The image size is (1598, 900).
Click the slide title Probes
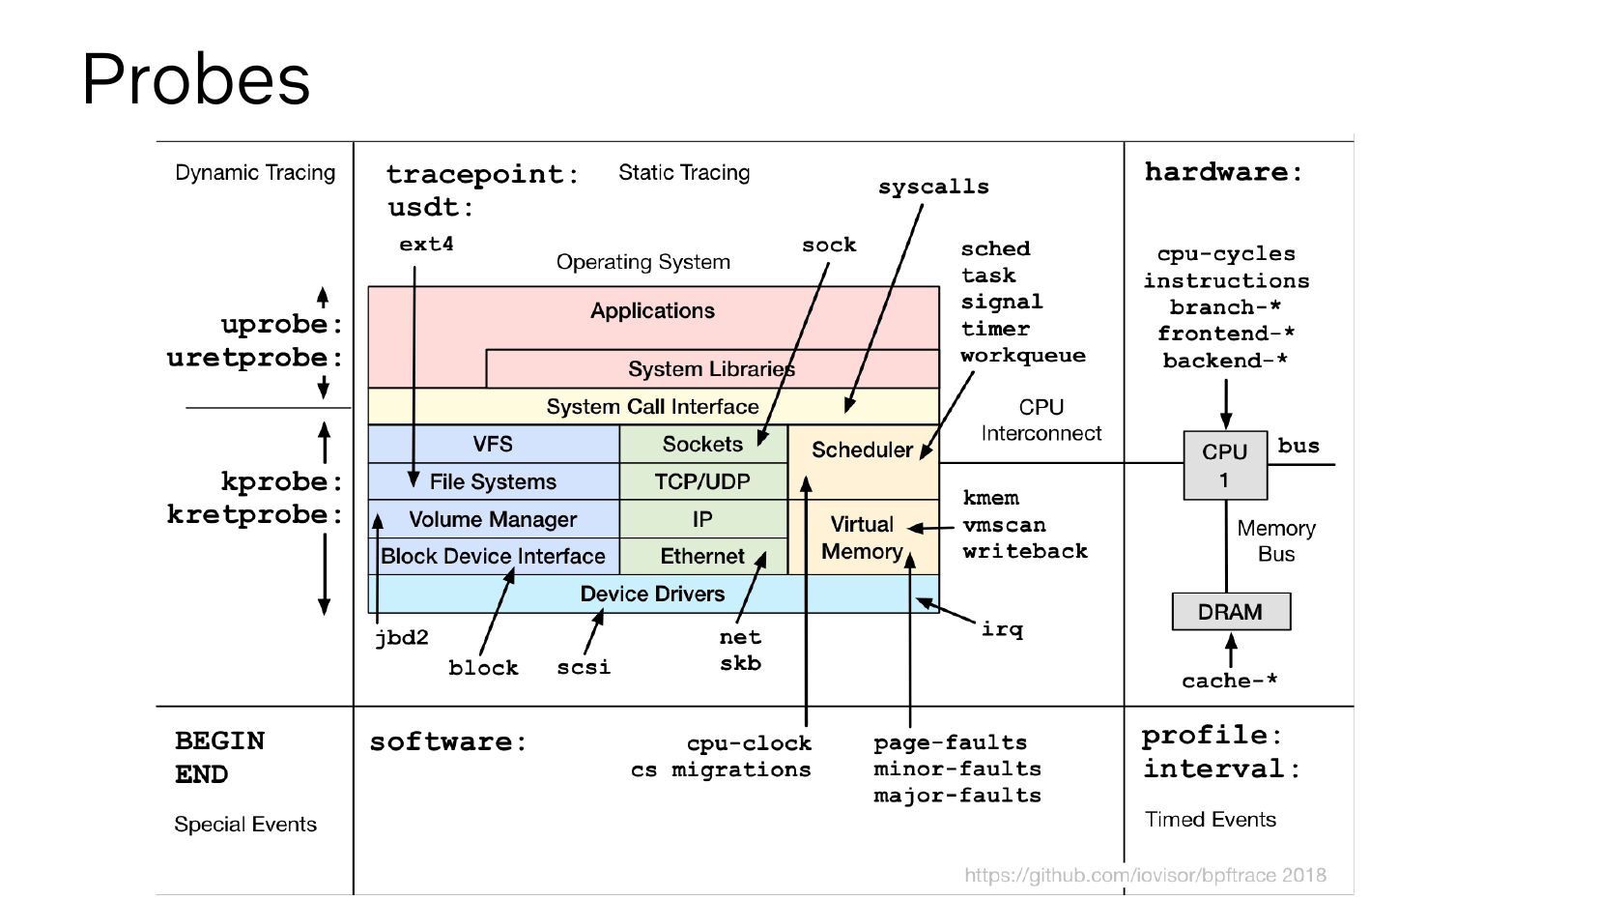(196, 78)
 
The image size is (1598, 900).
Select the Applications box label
(652, 310)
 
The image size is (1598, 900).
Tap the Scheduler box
(861, 450)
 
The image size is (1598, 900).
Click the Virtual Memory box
(862, 537)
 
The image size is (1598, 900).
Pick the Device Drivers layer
(652, 594)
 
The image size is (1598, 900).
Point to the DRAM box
(1230, 612)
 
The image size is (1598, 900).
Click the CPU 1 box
(1224, 465)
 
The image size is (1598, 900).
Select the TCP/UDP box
(702, 481)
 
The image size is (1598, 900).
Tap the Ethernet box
(701, 556)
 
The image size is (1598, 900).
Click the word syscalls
(933, 187)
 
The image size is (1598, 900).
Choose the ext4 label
(426, 245)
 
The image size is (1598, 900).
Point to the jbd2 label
(401, 638)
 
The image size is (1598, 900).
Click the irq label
(1002, 629)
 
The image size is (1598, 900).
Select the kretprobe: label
(255, 514)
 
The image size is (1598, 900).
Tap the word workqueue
(1022, 356)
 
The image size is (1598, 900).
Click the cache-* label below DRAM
(1229, 681)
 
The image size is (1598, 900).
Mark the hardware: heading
(1223, 172)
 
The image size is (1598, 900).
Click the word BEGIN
(219, 740)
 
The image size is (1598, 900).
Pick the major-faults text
(956, 796)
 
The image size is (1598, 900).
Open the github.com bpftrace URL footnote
(1145, 875)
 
